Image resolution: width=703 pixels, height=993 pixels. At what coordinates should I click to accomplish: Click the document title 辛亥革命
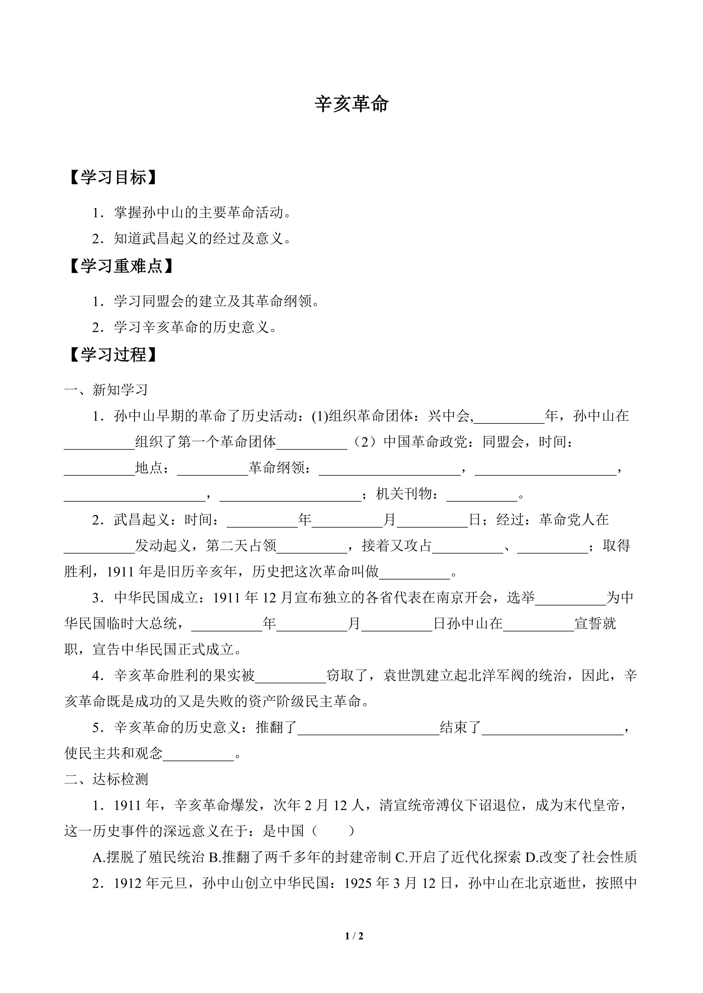tap(351, 104)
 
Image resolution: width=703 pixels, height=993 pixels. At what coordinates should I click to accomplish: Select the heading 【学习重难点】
tap(121, 266)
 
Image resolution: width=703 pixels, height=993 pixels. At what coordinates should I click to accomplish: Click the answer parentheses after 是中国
tap(333, 831)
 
